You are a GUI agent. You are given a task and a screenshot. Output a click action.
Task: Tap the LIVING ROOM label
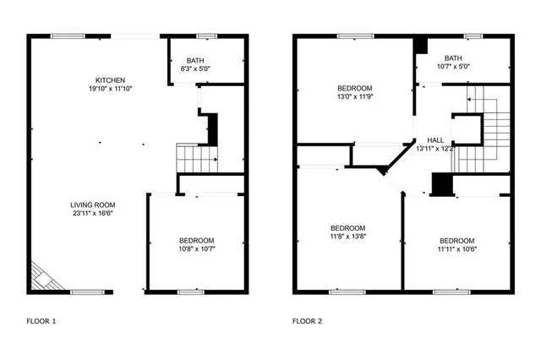[92, 205]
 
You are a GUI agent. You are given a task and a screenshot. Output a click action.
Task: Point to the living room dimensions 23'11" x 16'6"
[92, 214]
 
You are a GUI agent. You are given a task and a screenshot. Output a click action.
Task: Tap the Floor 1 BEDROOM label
[195, 240]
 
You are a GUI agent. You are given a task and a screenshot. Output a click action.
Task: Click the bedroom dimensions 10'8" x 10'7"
[195, 249]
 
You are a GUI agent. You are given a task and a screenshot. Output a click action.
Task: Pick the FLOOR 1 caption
[41, 321]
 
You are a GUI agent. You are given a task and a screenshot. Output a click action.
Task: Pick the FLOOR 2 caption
[307, 321]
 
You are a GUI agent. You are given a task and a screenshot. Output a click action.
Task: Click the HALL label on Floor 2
[435, 139]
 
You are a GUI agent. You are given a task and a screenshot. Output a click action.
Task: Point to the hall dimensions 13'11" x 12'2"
[435, 149]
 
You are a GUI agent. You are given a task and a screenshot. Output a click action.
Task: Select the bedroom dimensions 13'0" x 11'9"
[355, 96]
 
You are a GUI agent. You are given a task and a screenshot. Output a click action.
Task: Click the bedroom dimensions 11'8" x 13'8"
[347, 237]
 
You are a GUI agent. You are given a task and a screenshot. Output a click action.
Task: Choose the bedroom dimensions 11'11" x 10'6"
[456, 249]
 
